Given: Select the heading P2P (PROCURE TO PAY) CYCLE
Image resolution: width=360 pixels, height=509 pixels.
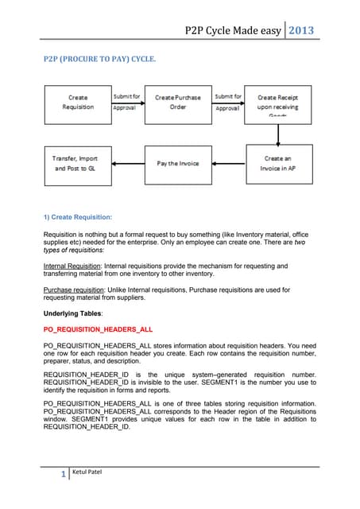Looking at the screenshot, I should (x=99, y=60).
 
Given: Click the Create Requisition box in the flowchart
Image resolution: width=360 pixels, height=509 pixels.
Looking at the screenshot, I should (x=77, y=102).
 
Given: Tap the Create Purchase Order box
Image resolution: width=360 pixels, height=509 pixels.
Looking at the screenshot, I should (x=178, y=103).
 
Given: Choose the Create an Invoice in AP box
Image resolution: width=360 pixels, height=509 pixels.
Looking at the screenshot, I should (x=277, y=164).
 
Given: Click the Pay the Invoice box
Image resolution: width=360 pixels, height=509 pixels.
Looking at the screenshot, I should (x=178, y=163).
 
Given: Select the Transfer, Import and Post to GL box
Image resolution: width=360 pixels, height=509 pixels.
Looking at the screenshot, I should (x=77, y=163).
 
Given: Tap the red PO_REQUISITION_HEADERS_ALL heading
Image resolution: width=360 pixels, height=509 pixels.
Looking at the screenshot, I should (x=98, y=328).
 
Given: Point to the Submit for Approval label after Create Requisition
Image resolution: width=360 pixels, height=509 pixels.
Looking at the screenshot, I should (x=128, y=102).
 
